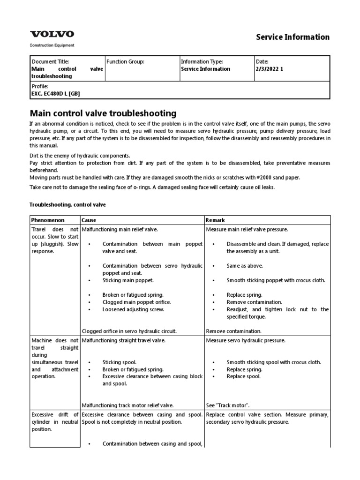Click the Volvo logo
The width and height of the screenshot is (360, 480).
[52, 34]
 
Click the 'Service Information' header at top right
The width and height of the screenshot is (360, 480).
[292, 37]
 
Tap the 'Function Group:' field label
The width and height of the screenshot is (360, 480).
[126, 61]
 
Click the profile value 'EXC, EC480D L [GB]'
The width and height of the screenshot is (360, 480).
[55, 93]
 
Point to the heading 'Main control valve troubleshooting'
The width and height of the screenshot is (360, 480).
[103, 113]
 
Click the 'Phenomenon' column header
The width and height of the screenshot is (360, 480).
[48, 220]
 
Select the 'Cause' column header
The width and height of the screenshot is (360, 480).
[89, 220]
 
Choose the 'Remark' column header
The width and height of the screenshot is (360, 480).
[215, 220]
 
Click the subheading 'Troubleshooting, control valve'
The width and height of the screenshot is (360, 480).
[68, 204]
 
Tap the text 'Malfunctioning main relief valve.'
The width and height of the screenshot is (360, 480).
[120, 230]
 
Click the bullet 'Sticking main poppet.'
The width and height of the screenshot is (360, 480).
[128, 280]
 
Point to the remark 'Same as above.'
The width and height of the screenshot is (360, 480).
[245, 266]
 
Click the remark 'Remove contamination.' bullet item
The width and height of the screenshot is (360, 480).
[255, 302]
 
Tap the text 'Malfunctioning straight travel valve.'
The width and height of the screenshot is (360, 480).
[123, 340]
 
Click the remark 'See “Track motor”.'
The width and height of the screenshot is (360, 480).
[228, 405]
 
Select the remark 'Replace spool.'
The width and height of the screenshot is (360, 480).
[243, 377]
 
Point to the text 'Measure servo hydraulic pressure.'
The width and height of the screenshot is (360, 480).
[246, 340]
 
